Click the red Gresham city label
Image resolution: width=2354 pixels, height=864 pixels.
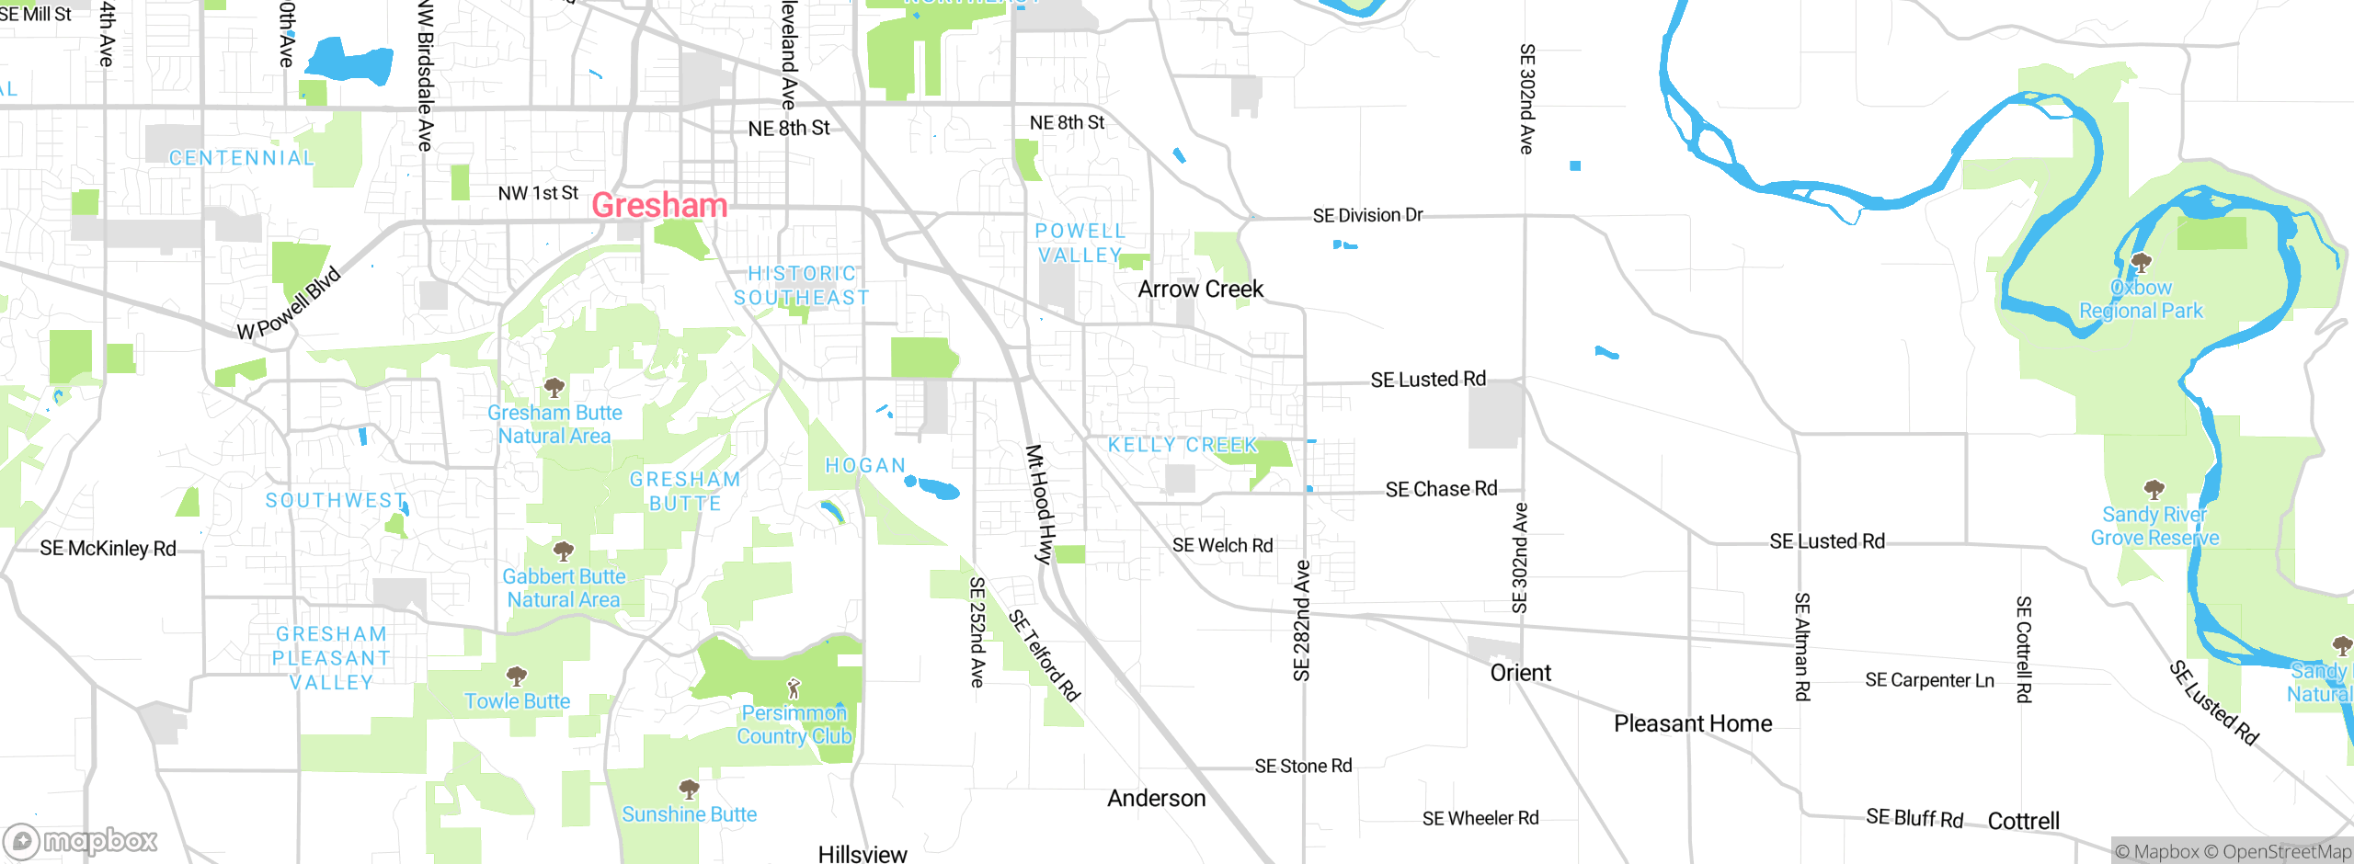659,205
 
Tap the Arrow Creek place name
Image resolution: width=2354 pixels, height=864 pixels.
1200,290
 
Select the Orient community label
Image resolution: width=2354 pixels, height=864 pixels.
1520,673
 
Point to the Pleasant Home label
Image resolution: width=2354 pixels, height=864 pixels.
1693,724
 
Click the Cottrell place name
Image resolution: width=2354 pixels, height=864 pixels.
2023,821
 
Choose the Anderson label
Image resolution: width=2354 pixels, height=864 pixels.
1156,798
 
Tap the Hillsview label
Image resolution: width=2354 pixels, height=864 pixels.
862,854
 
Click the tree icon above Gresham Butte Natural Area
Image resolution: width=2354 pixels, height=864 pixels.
554,387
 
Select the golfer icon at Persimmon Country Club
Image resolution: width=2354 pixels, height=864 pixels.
794,688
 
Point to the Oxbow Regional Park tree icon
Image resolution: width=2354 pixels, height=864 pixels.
2141,263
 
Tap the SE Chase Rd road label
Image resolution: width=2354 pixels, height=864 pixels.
1441,489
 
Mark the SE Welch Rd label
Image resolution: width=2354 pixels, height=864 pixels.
1222,546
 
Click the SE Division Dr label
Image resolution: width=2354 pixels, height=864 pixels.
1367,216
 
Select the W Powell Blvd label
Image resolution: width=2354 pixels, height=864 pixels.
289,304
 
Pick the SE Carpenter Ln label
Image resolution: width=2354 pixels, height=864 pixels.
1929,680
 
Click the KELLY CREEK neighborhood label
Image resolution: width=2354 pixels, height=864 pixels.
1183,445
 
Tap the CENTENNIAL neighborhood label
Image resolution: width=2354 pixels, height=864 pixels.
241,158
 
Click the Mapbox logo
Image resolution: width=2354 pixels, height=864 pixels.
81,840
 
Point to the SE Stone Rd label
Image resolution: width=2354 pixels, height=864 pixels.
1303,766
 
